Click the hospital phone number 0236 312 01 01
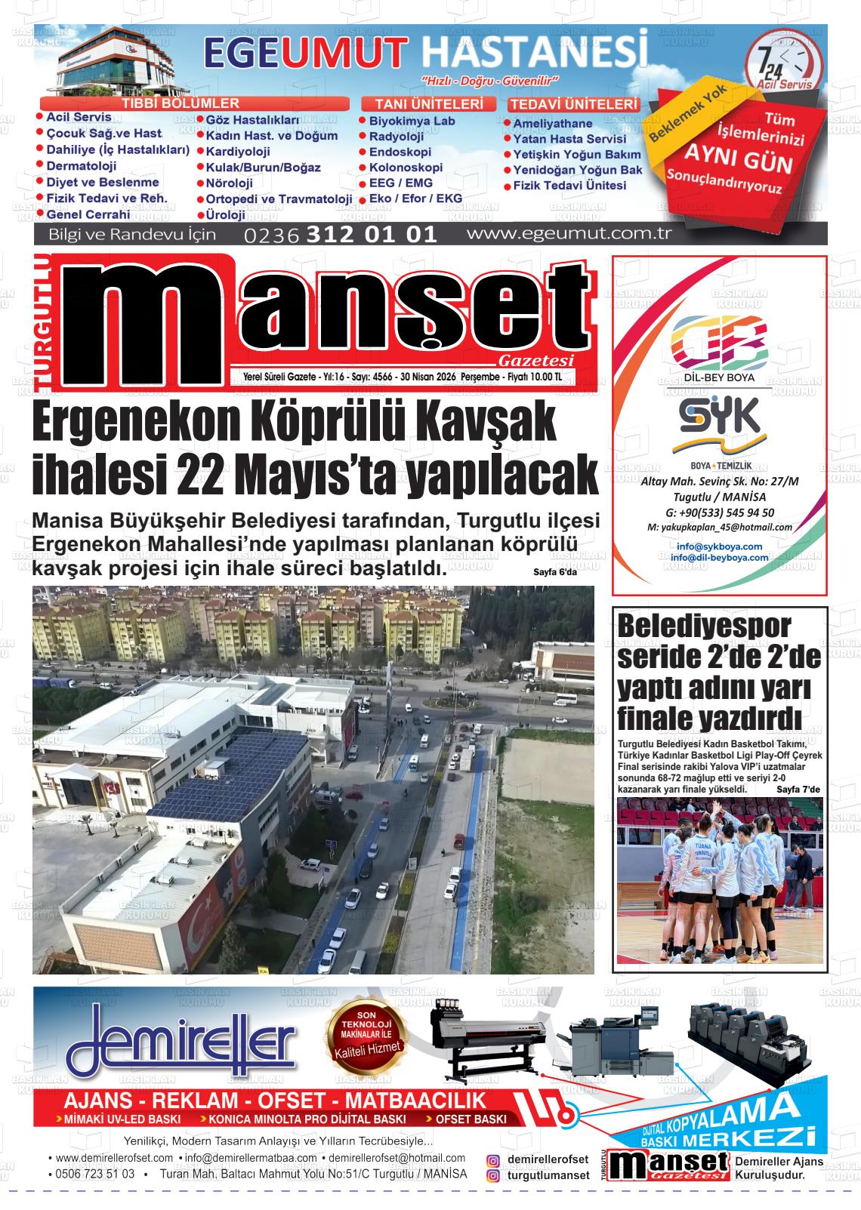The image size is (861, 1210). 341,235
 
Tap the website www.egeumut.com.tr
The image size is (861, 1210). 569,233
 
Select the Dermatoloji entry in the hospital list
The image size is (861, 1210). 81,166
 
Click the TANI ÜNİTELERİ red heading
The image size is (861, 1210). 429,104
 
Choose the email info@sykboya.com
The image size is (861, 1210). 719,546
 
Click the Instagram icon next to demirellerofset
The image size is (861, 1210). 493,1160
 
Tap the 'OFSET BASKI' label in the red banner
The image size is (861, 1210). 471,1119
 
